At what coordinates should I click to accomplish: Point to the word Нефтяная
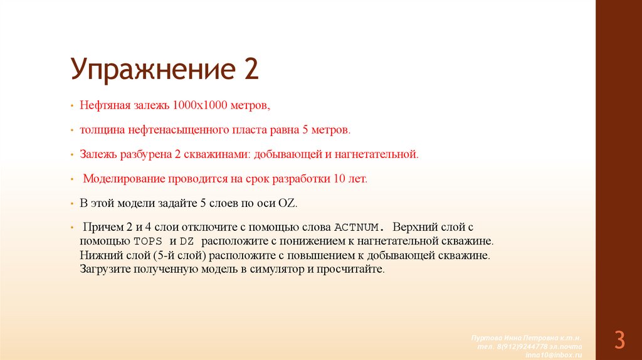click(x=103, y=105)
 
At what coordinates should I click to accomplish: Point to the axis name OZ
click(x=290, y=204)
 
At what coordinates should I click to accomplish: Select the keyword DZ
click(x=186, y=241)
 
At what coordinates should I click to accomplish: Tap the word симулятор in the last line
click(x=280, y=270)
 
